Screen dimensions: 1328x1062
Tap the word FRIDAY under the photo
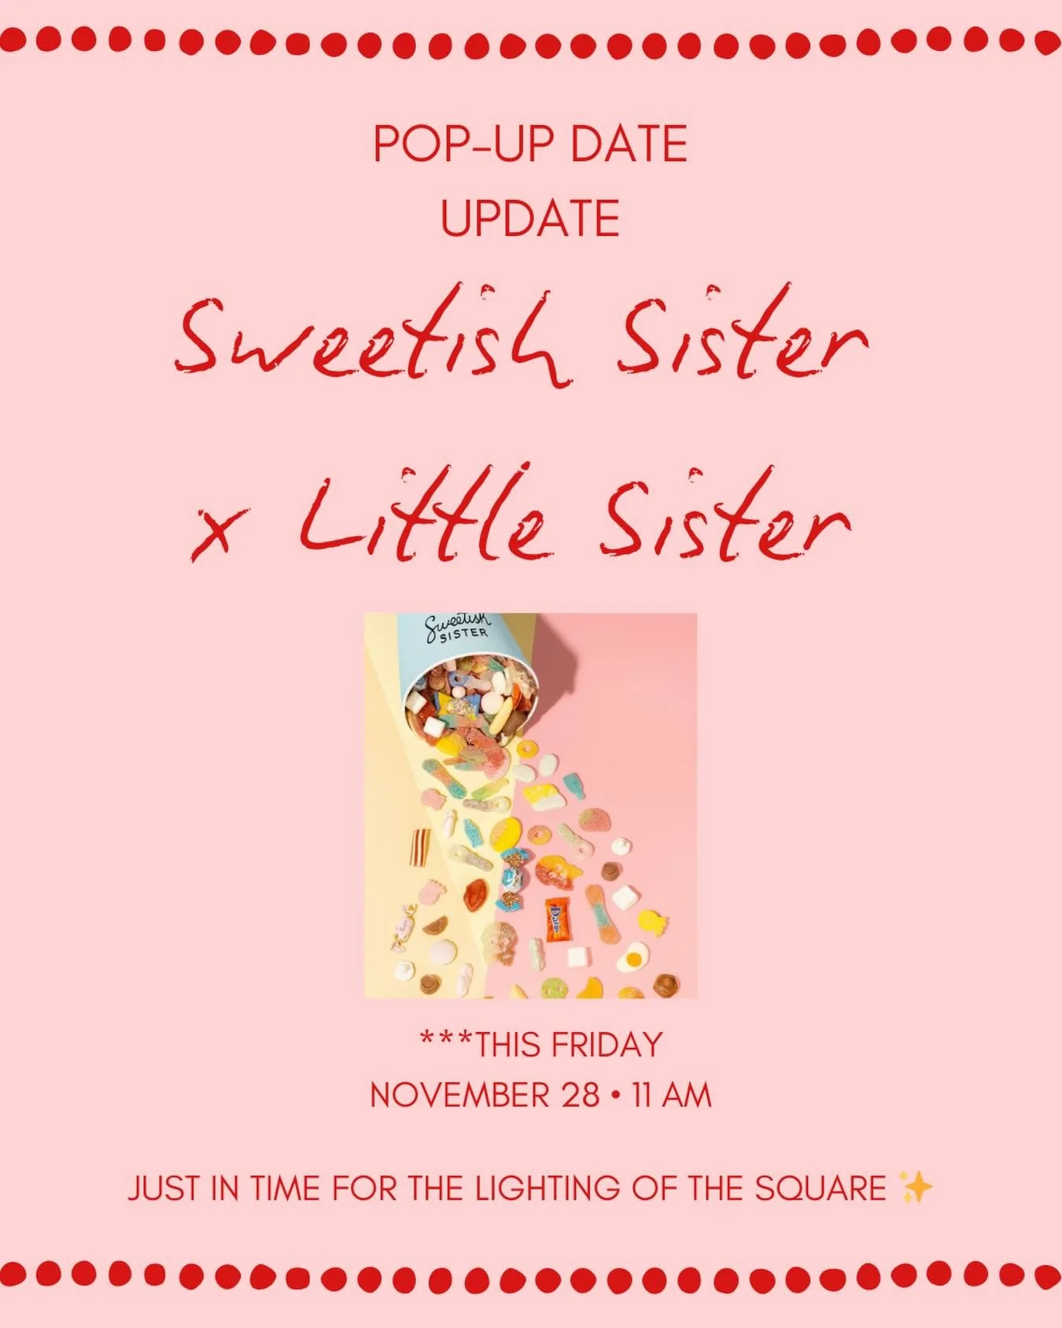click(x=607, y=1045)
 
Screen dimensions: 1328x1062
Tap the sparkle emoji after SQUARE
click(x=915, y=1187)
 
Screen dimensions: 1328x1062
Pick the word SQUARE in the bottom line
click(x=819, y=1188)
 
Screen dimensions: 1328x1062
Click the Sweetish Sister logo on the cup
click(x=457, y=628)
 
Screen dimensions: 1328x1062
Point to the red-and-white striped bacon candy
click(x=417, y=848)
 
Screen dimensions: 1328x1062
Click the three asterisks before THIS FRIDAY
click(x=445, y=1040)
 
